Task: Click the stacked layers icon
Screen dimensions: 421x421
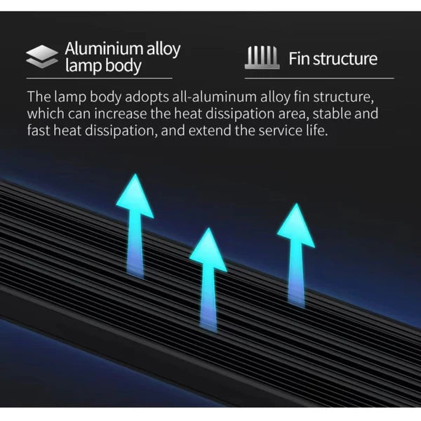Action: click(42, 56)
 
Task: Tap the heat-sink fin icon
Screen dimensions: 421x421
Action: click(262, 58)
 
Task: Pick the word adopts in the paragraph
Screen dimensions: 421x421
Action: click(147, 97)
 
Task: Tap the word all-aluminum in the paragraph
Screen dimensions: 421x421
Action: click(215, 97)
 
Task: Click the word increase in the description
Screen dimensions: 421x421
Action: click(121, 114)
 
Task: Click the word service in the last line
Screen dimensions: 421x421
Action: click(281, 131)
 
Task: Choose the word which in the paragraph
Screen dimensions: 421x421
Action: click(46, 114)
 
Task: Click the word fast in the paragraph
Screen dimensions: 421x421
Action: click(39, 131)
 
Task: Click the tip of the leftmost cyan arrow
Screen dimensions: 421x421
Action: click(135, 174)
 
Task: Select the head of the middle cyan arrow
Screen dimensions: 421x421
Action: click(208, 250)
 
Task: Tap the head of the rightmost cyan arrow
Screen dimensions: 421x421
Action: click(296, 225)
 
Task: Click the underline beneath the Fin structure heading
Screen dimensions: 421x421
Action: click(319, 78)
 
